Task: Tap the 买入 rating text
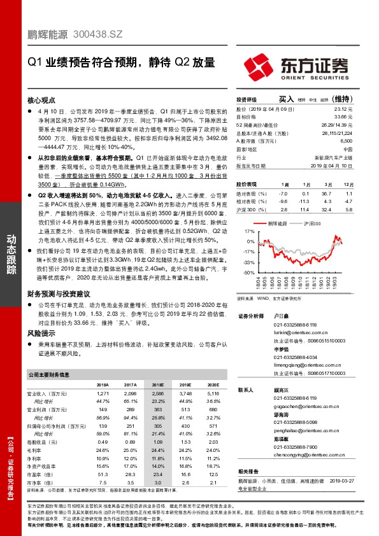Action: pyautogui.click(x=285, y=99)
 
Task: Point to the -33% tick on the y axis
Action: pyautogui.click(x=250, y=262)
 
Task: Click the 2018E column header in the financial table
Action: pyautogui.click(x=157, y=385)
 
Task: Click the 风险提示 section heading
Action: pyautogui.click(x=41, y=333)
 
